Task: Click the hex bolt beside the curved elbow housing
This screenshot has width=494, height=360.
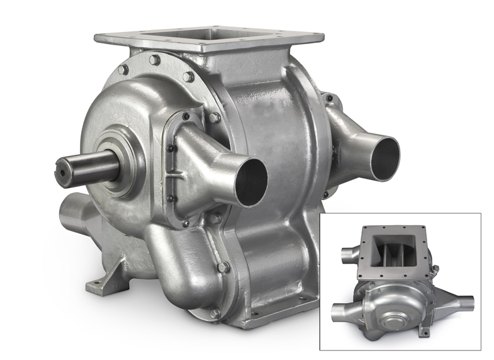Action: coord(223,267)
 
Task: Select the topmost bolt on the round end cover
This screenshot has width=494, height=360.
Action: coord(155,60)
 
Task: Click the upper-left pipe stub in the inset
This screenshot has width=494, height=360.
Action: coord(348,254)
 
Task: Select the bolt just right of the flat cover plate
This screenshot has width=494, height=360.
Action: coord(214,118)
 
